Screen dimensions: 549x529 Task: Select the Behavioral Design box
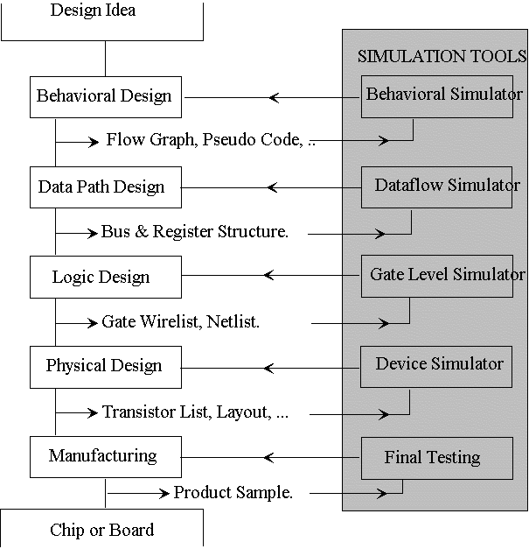tap(105, 96)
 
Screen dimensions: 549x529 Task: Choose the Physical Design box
tap(105, 365)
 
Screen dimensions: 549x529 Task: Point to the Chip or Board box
tap(102, 529)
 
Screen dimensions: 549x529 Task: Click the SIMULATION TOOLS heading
tap(442, 56)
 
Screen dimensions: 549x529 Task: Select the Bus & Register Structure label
tap(194, 232)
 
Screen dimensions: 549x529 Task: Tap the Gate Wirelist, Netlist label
tap(181, 322)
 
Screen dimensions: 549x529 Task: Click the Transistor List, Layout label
tap(195, 412)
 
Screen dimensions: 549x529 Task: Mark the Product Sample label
tap(233, 493)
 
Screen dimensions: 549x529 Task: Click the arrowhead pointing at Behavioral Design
tap(275, 97)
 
